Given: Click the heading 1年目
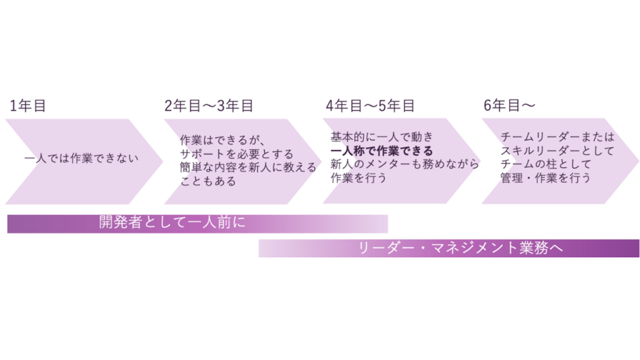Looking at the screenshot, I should (28, 106).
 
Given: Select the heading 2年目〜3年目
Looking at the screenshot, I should (209, 106).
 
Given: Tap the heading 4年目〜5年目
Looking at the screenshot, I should (370, 106).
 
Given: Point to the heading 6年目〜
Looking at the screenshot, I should (509, 106).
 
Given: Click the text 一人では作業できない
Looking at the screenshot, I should (81, 159).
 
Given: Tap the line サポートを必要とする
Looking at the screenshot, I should (236, 154).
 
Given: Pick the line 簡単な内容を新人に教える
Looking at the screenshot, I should (248, 168).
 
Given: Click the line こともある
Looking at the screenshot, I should (208, 181).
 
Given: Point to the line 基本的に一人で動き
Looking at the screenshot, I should (381, 137).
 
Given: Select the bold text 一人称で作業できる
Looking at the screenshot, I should (382, 151).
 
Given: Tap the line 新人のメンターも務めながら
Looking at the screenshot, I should (405, 164).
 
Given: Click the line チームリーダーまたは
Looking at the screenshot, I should (557, 137).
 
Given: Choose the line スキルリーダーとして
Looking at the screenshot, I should (557, 151).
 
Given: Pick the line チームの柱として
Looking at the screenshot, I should (546, 164).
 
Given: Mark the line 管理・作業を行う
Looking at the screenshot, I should (545, 178).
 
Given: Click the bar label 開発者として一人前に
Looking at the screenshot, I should (172, 223).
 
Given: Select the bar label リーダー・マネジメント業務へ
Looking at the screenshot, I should (461, 248).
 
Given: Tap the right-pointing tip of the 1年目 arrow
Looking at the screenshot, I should (161, 161).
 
